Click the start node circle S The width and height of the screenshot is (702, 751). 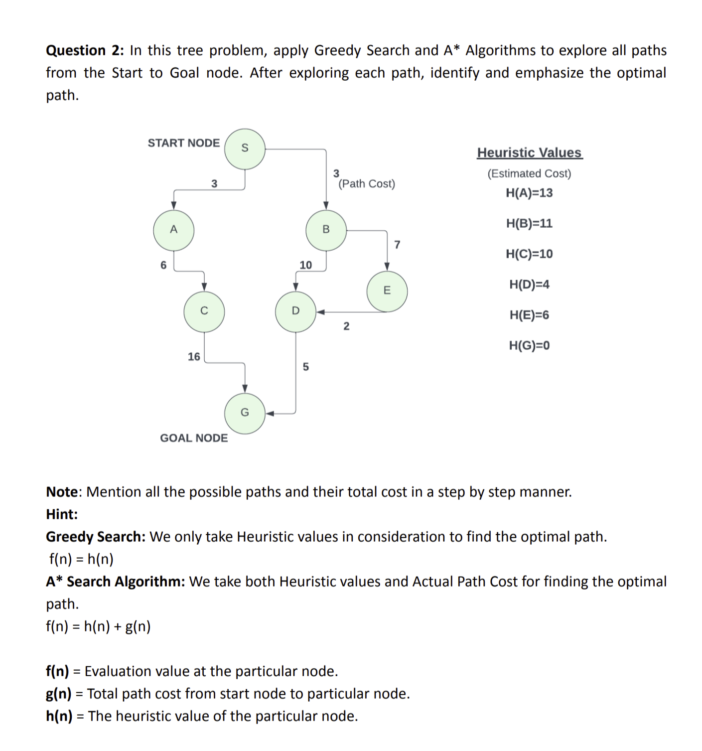click(245, 149)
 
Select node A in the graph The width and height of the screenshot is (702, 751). click(173, 230)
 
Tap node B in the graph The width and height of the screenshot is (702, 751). click(326, 230)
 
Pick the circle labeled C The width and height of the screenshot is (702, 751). click(204, 311)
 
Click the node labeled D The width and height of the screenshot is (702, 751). click(295, 311)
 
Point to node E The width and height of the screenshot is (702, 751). click(387, 291)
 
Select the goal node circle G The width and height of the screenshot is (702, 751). click(245, 413)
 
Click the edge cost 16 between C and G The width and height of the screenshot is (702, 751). click(194, 357)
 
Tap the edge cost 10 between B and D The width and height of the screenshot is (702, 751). click(305, 265)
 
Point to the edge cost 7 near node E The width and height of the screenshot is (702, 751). click(397, 245)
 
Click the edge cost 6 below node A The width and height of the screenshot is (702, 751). click(163, 265)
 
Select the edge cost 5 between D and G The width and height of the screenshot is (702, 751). click(305, 367)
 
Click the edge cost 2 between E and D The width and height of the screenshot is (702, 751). click(346, 326)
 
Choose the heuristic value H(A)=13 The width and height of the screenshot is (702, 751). click(529, 193)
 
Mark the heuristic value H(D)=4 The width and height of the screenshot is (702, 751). click(529, 285)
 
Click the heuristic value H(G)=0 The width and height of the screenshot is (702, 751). click(529, 345)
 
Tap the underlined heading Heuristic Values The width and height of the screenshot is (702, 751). click(529, 152)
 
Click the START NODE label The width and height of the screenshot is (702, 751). click(183, 143)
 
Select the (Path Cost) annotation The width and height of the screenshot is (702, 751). click(367, 184)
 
